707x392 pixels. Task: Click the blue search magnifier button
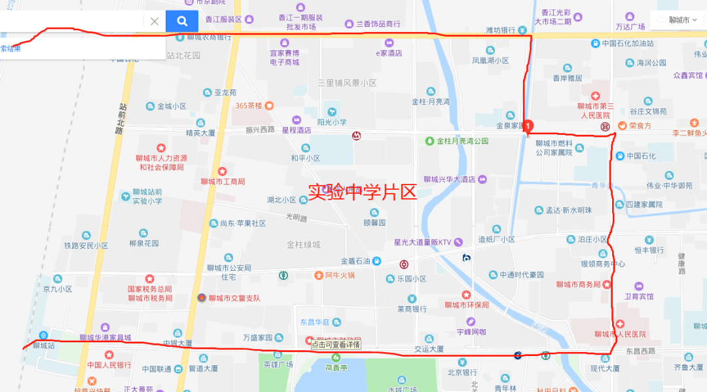click(x=182, y=21)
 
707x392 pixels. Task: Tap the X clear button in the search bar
click(x=154, y=21)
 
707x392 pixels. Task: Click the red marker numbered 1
click(x=529, y=126)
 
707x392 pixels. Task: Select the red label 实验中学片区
click(x=362, y=192)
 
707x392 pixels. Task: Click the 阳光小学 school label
click(x=332, y=122)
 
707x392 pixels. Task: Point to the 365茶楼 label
click(x=249, y=105)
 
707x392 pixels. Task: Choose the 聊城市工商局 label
click(x=223, y=181)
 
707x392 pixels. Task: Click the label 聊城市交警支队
click(x=234, y=298)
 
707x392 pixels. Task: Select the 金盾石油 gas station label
click(x=357, y=261)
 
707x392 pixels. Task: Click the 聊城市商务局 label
click(x=579, y=285)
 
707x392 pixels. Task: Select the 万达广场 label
click(x=630, y=26)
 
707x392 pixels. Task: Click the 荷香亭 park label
click(x=335, y=367)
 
